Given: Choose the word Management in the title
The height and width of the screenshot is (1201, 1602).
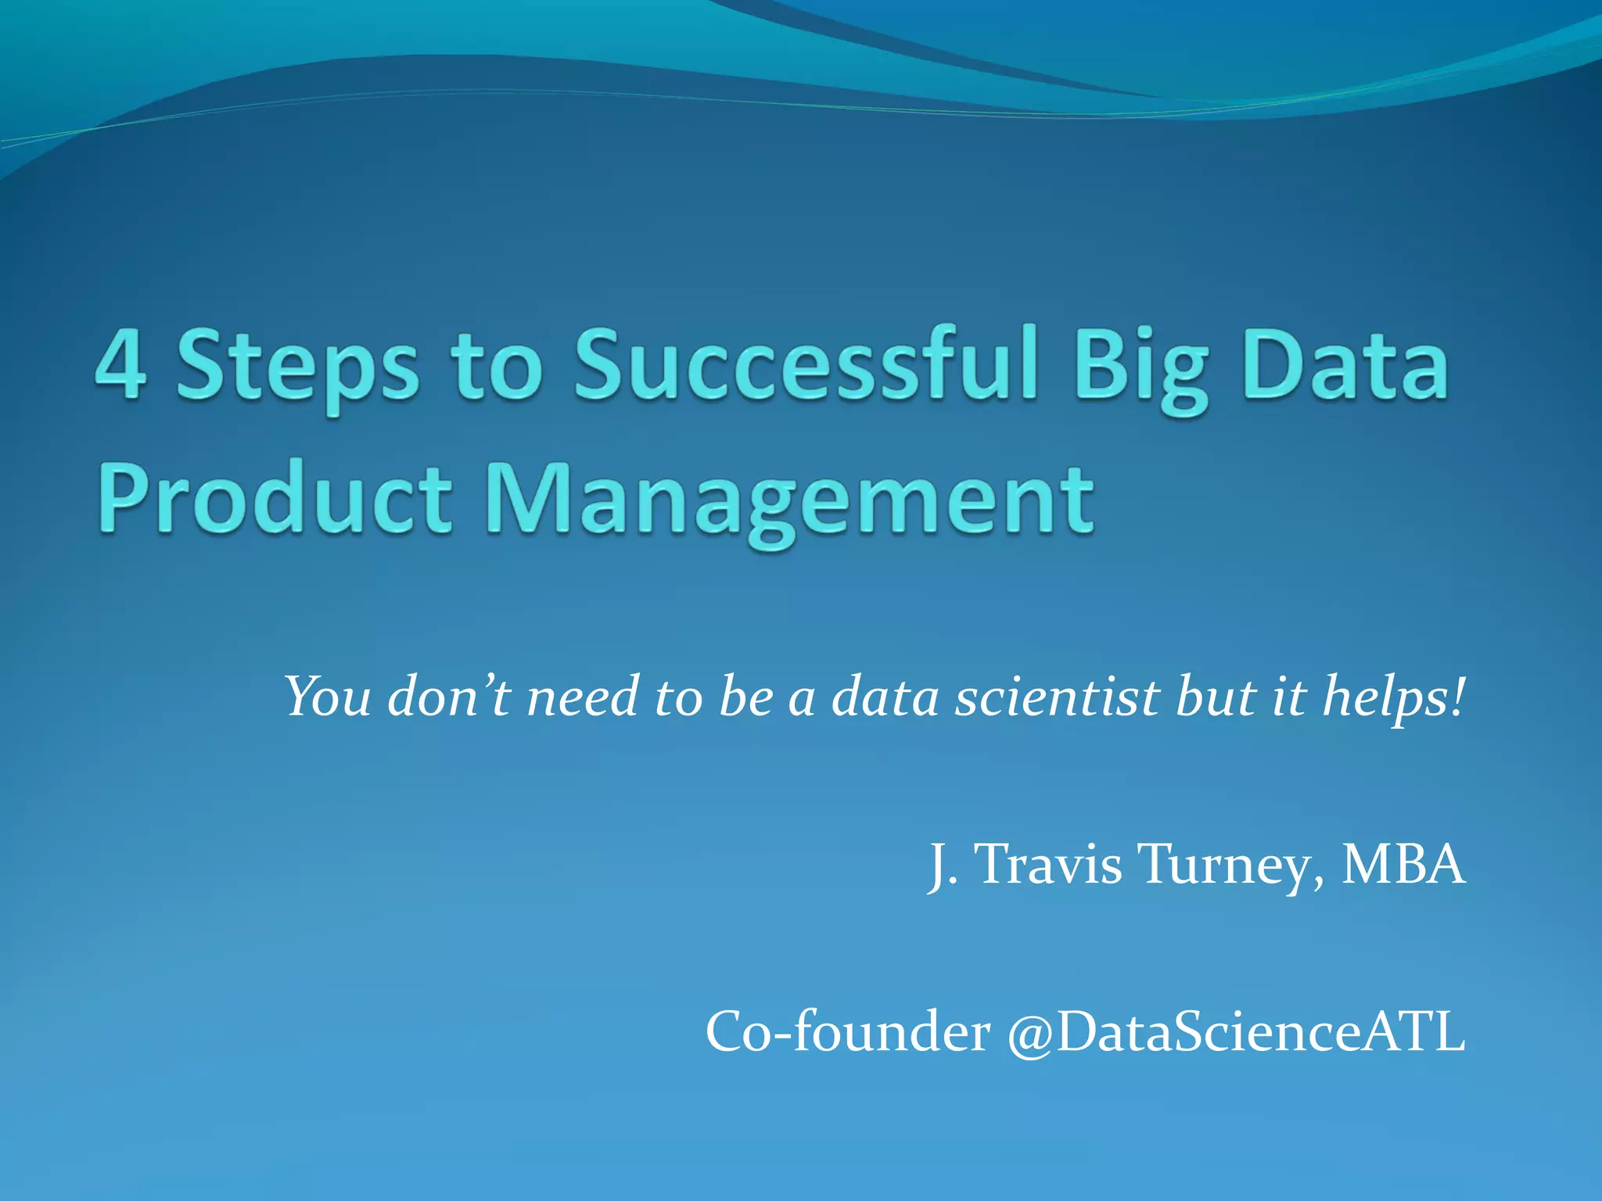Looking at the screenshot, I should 789,500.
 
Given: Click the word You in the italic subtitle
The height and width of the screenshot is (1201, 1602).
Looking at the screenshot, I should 327,696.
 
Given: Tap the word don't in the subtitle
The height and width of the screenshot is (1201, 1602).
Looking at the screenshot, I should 449,696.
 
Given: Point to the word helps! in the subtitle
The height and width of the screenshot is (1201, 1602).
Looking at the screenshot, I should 1392,696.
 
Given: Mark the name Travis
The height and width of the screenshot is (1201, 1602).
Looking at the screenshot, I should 1050,864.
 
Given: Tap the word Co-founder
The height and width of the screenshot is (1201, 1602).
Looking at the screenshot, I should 848,1031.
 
